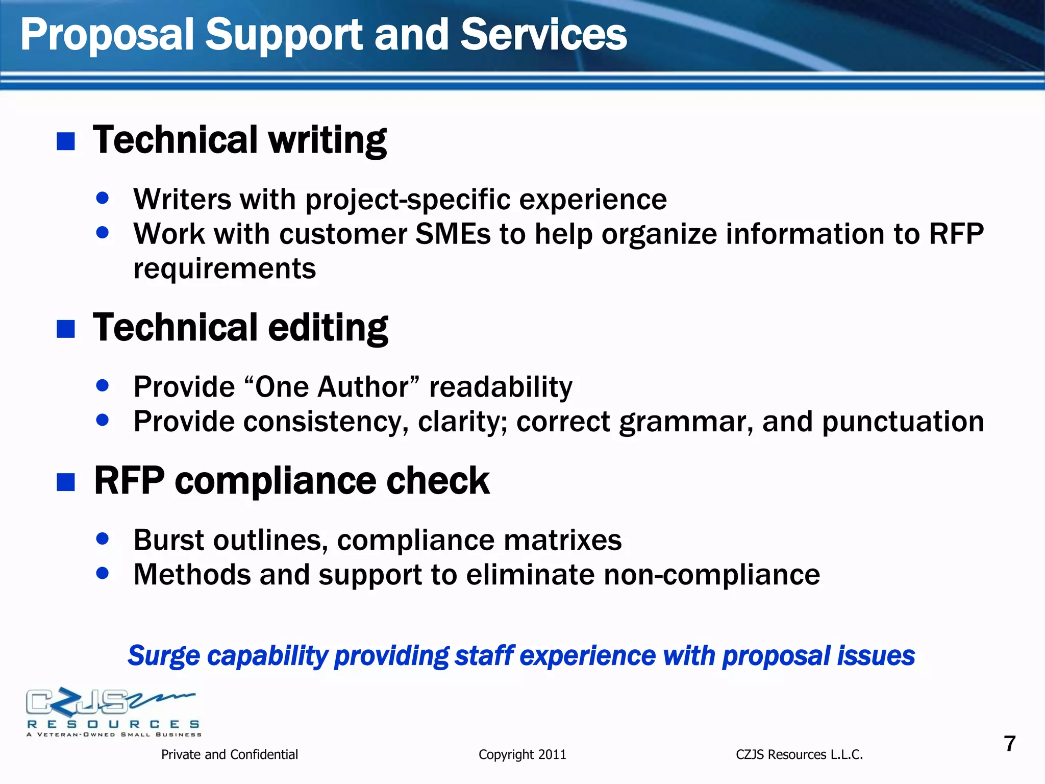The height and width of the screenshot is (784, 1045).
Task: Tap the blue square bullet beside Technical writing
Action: point(66,141)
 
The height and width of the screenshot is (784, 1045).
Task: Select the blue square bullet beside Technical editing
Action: point(66,329)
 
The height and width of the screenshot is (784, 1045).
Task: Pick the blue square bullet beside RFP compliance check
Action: point(66,482)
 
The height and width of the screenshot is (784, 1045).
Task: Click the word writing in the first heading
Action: point(327,140)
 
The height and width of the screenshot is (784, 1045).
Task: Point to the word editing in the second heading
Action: point(328,328)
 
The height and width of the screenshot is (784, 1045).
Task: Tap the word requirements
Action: point(225,268)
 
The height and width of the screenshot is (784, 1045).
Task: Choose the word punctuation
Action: point(903,422)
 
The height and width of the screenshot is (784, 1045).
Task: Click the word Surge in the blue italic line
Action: point(163,656)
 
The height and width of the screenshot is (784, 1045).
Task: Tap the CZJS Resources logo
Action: point(113,712)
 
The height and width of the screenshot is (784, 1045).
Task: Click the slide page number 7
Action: point(1010,744)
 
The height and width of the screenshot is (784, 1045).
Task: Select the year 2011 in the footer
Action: point(552,754)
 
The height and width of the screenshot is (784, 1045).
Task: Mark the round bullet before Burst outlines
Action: point(103,538)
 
